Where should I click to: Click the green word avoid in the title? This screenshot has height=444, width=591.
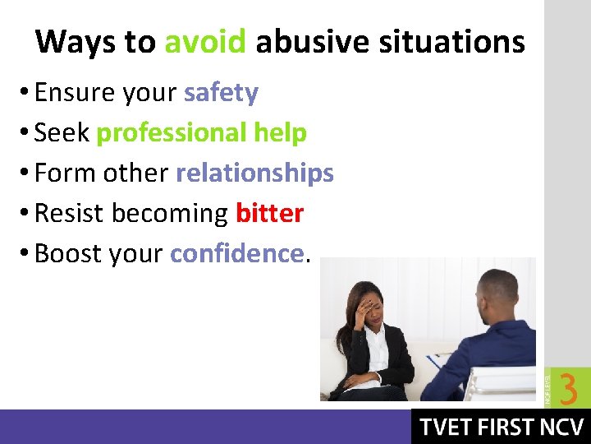pyautogui.click(x=205, y=41)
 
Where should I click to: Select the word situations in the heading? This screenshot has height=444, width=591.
pyautogui.click(x=451, y=41)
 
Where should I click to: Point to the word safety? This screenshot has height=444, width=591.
pyautogui.click(x=221, y=93)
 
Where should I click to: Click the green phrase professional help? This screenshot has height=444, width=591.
pyautogui.click(x=201, y=133)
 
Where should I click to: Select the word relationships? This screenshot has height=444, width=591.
pyautogui.click(x=254, y=173)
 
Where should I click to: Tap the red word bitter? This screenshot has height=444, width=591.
pyautogui.click(x=269, y=214)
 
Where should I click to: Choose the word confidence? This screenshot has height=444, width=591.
pyautogui.click(x=236, y=254)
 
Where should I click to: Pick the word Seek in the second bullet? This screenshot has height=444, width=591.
pyautogui.click(x=62, y=133)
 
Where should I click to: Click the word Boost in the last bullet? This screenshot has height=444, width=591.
pyautogui.click(x=66, y=254)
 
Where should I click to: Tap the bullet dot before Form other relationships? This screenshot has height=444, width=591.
pyautogui.click(x=24, y=174)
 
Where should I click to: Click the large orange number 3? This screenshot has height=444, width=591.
pyautogui.click(x=568, y=388)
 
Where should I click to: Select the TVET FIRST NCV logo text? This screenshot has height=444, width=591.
pyautogui.click(x=501, y=428)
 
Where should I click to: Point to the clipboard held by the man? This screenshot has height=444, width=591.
pyautogui.click(x=447, y=363)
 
